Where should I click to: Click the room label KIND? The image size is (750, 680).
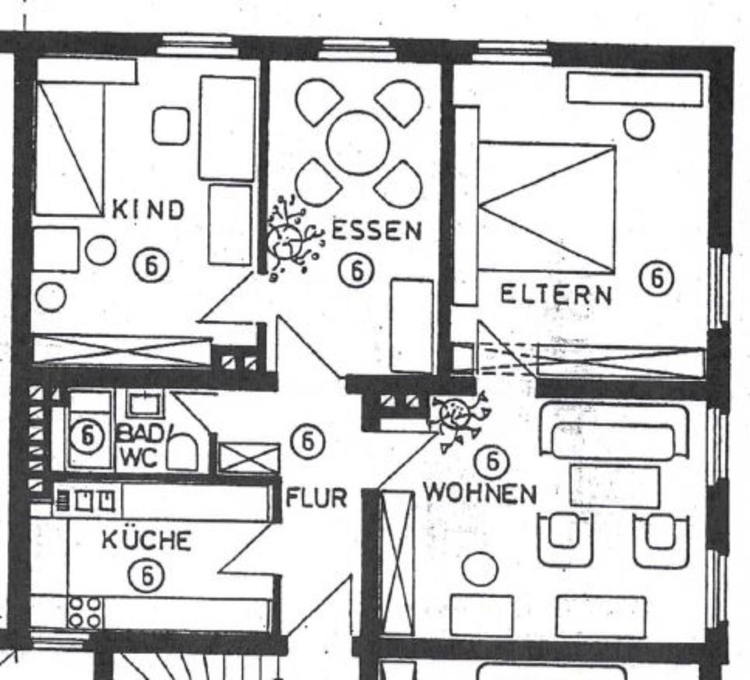[148, 209]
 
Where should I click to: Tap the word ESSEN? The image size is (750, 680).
[377, 231]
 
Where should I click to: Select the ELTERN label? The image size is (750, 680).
[555, 295]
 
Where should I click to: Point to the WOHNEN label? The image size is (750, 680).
[480, 493]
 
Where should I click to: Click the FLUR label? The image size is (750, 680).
[316, 498]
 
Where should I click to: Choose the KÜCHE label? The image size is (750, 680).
[146, 540]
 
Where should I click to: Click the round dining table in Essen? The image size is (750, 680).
[358, 143]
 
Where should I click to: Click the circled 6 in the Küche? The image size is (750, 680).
[146, 576]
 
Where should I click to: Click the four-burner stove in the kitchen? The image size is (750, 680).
[84, 612]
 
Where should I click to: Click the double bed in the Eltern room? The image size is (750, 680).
[547, 207]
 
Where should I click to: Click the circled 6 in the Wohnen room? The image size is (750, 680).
[492, 462]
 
